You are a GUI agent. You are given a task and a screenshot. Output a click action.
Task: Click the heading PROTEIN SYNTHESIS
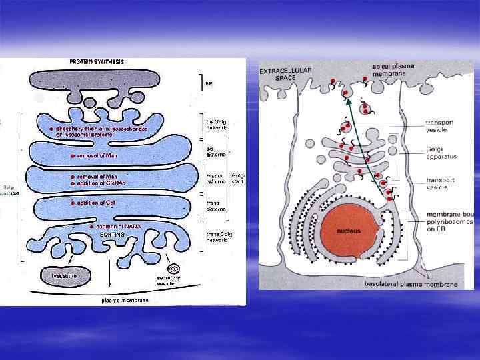point(97,62)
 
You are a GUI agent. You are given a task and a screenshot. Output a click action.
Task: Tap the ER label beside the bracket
point(209,84)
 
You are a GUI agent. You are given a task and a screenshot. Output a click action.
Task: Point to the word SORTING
point(111,235)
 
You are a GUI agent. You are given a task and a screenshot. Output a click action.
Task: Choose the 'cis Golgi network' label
point(216,123)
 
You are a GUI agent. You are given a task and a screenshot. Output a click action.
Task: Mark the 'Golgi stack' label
point(238,179)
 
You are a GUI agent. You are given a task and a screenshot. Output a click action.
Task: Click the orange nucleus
point(348,230)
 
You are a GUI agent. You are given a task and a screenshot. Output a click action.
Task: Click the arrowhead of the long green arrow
point(347,102)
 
